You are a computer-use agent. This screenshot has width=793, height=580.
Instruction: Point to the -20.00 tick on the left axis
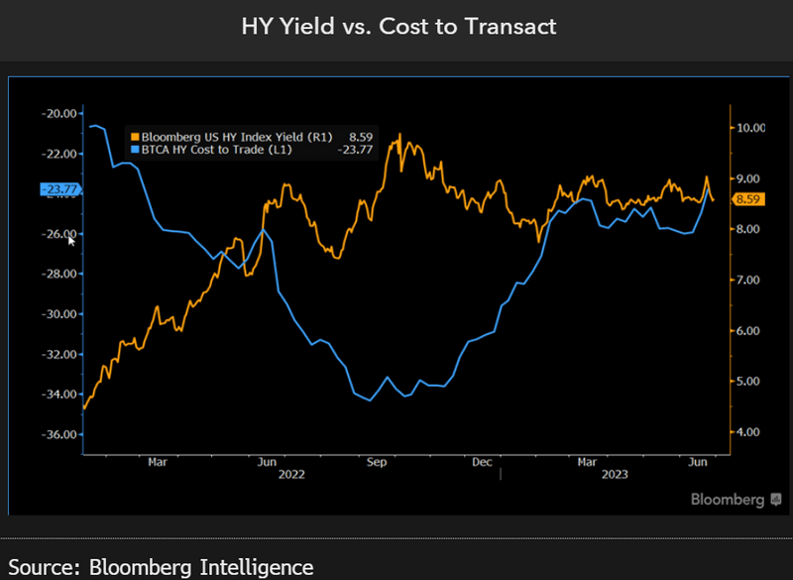pos(59,113)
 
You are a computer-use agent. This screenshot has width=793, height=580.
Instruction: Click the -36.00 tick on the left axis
pos(59,434)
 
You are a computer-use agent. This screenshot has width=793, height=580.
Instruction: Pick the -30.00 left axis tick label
pos(59,314)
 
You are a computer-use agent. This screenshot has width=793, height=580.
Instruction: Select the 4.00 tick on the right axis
pos(747,432)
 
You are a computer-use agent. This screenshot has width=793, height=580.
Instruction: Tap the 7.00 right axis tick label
pos(747,281)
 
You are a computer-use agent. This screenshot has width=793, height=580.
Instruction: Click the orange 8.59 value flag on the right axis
pos(746,199)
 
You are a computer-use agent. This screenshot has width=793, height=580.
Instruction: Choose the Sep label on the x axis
pos(376,462)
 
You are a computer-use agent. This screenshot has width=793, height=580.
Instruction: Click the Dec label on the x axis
pos(483,462)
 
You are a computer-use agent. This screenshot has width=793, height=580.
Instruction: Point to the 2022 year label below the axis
pos(291,475)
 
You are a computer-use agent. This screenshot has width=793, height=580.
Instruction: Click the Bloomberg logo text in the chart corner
pos(728,499)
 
